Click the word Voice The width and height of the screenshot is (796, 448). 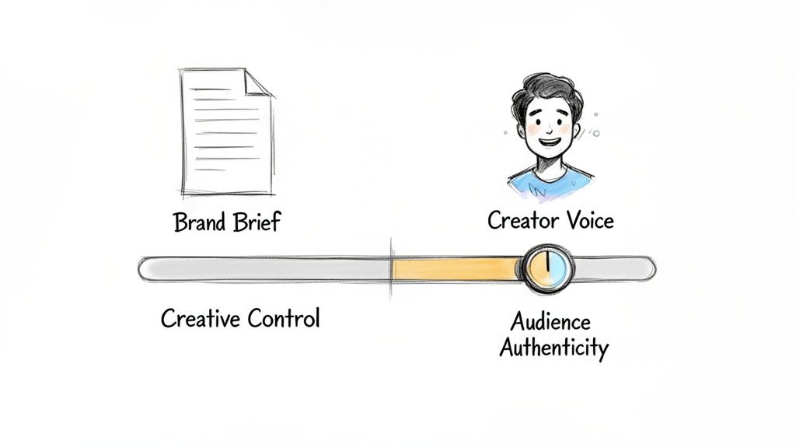(x=588, y=220)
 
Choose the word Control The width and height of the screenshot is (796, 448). (x=283, y=318)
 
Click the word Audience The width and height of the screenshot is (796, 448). (x=550, y=321)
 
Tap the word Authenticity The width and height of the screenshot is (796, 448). (x=553, y=348)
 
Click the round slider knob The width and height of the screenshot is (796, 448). (x=547, y=269)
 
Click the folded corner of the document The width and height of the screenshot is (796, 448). (x=257, y=83)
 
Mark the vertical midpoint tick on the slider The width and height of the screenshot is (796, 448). (x=391, y=269)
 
